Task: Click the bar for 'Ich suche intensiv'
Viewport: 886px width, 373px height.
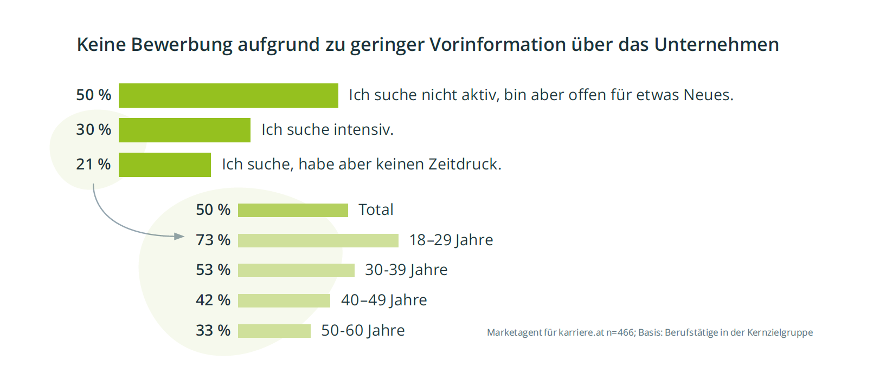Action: click(x=184, y=130)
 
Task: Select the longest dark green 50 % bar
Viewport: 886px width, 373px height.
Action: click(x=228, y=95)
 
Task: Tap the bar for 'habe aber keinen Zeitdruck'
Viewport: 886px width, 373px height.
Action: click(x=164, y=165)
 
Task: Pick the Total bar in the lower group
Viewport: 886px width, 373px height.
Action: click(x=293, y=210)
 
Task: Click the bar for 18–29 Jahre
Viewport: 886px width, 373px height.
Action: click(x=318, y=240)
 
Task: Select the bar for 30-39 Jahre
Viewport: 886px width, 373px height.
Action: click(x=296, y=270)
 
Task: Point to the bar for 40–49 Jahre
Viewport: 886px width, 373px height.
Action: click(x=284, y=300)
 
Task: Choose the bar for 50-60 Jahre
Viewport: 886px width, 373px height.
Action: click(x=274, y=331)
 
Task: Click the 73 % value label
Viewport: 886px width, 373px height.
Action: click(x=213, y=240)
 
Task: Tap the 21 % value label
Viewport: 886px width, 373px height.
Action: click(x=93, y=164)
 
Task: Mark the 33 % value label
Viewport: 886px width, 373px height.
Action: click(x=213, y=330)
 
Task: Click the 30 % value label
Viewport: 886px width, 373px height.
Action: click(x=93, y=129)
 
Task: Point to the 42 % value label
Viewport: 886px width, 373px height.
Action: click(x=213, y=300)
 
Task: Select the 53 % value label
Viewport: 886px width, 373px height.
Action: click(x=213, y=270)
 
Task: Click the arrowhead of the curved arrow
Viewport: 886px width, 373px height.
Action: click(x=179, y=236)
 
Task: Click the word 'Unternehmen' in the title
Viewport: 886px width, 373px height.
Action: click(x=716, y=44)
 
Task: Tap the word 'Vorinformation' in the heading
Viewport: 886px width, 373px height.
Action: click(x=498, y=44)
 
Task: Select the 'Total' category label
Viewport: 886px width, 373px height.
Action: click(x=376, y=210)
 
